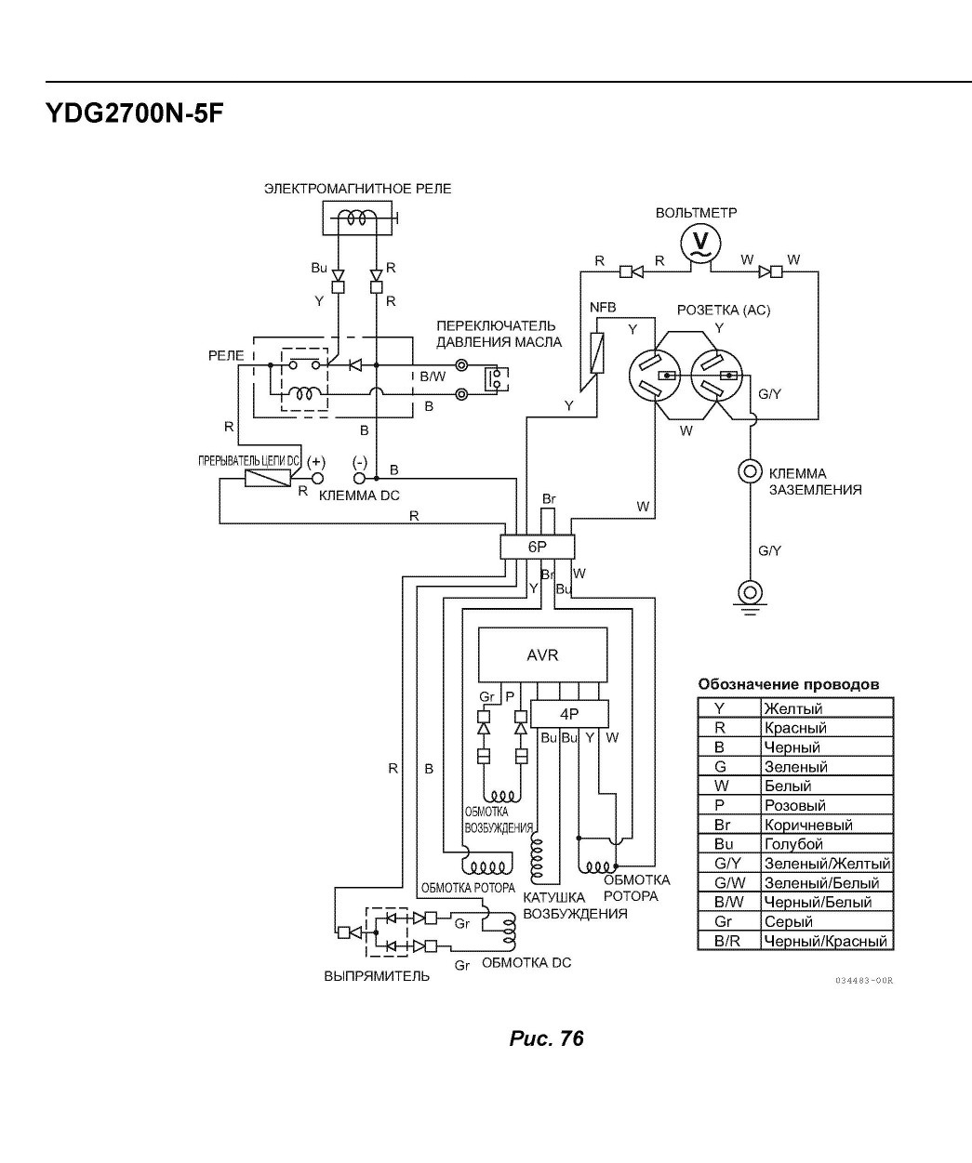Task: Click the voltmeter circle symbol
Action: point(700,244)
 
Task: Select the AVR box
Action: point(543,655)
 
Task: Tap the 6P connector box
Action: point(538,547)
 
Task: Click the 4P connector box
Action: point(569,714)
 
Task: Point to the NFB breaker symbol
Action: point(597,352)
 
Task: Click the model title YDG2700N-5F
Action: point(135,114)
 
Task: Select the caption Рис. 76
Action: point(546,1038)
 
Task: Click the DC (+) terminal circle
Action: point(317,478)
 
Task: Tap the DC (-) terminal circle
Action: point(360,478)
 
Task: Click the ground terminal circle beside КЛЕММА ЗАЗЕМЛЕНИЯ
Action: point(750,471)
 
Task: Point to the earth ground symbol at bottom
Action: point(750,595)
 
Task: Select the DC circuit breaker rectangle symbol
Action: point(268,478)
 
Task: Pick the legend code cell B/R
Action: point(729,942)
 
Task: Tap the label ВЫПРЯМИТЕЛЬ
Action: point(377,976)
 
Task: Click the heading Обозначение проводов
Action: point(789,684)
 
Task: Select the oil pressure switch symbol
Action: point(496,379)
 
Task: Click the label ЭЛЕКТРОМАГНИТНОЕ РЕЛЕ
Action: point(358,189)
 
